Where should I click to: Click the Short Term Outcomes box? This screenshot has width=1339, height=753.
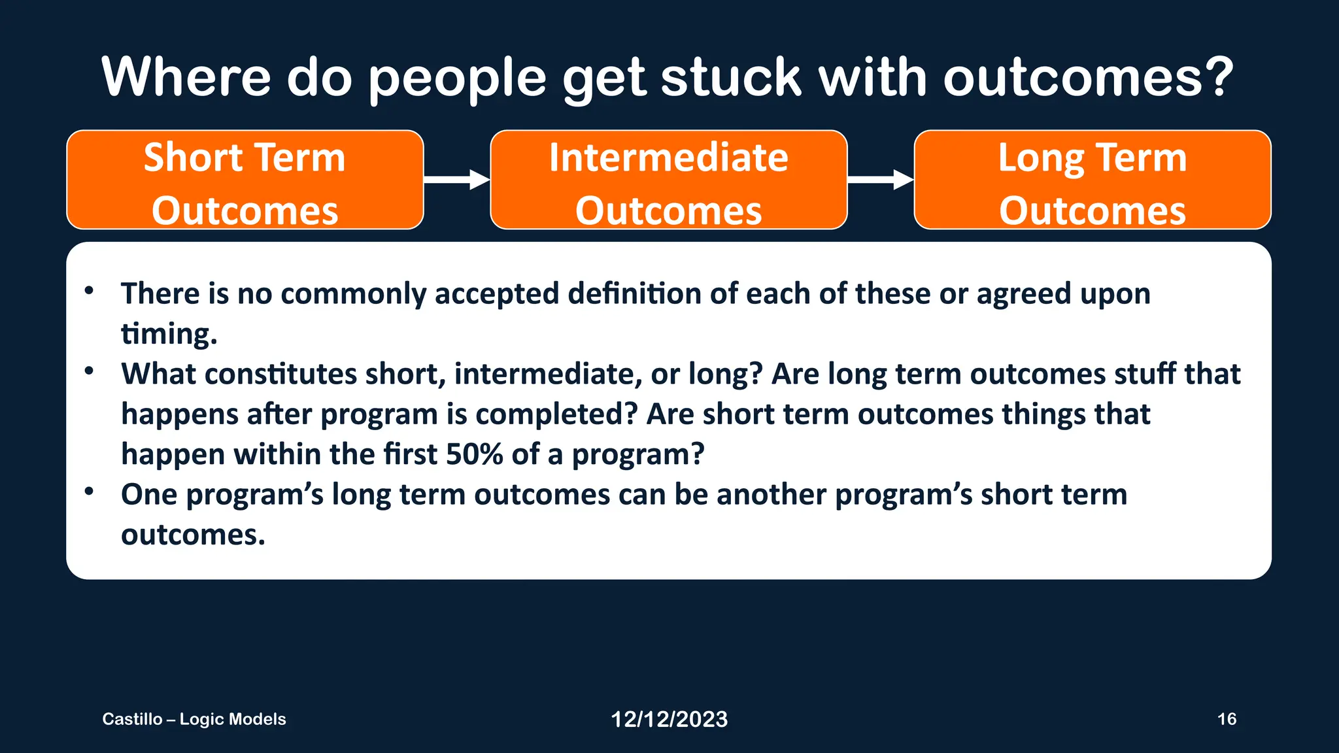pos(245,180)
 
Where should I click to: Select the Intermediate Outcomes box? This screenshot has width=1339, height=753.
pos(668,180)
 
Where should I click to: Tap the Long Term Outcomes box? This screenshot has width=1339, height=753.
pos(1092,180)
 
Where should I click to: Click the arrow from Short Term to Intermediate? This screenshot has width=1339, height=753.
pos(456,179)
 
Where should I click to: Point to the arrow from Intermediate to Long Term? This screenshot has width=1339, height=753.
pos(880,179)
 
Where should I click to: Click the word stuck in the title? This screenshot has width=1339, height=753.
pos(730,77)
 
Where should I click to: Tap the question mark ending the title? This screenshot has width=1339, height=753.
pos(1218,77)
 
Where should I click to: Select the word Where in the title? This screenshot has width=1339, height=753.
pos(186,77)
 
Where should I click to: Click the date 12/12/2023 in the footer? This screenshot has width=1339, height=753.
pos(669,719)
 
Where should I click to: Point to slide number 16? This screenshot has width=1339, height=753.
pos(1227,719)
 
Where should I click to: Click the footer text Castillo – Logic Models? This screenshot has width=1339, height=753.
pos(194,719)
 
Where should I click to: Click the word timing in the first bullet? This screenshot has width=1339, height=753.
pos(167,334)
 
